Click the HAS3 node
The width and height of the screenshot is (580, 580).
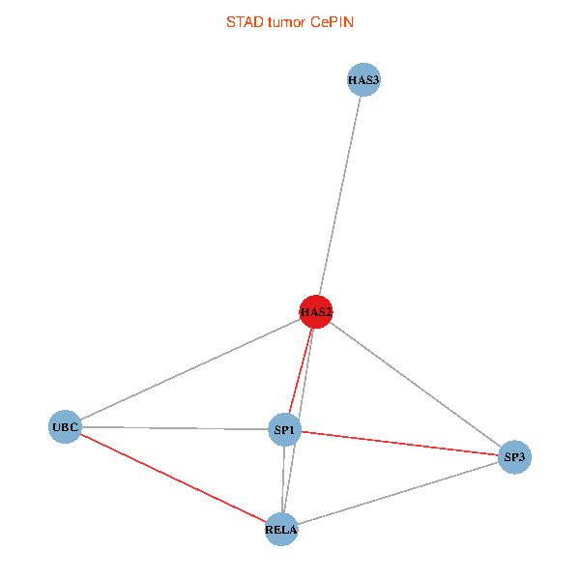[363, 79]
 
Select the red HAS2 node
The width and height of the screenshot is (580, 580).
[316, 311]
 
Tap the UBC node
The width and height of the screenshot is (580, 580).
[65, 426]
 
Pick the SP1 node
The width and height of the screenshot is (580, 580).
[285, 429]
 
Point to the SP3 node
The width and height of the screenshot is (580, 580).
[515, 455]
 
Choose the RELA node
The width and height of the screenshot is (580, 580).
[281, 529]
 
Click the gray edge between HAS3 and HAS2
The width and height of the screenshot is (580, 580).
[340, 193]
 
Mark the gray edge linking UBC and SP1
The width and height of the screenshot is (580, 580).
[174, 427]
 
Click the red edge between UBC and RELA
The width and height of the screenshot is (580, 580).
[173, 478]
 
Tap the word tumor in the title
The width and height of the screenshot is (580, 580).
[286, 21]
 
